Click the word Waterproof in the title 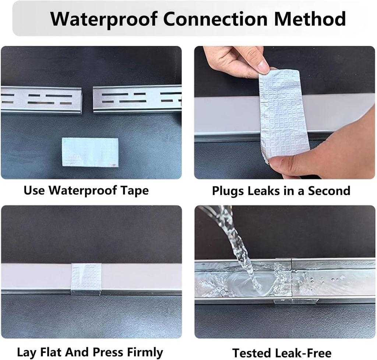104,19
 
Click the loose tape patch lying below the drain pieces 90,152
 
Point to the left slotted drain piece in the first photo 41,99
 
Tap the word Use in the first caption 34,190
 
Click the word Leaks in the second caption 264,191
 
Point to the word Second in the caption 329,191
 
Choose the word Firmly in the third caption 145,353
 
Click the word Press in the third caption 108,352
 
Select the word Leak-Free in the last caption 303,353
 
